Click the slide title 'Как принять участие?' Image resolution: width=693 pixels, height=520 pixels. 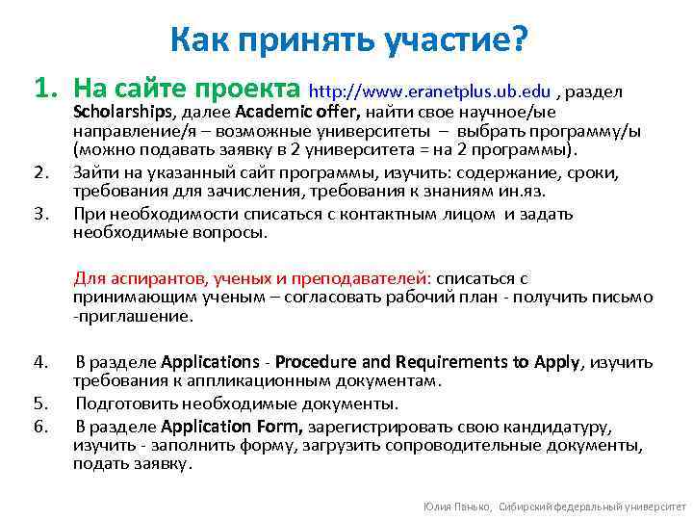[x=349, y=39]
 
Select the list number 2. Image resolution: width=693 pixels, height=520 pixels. [x=39, y=172]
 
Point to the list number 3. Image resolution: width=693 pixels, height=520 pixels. [x=39, y=212]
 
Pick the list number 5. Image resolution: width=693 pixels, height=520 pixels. [x=39, y=403]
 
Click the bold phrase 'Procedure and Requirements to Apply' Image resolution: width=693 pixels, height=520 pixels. [x=428, y=363]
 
